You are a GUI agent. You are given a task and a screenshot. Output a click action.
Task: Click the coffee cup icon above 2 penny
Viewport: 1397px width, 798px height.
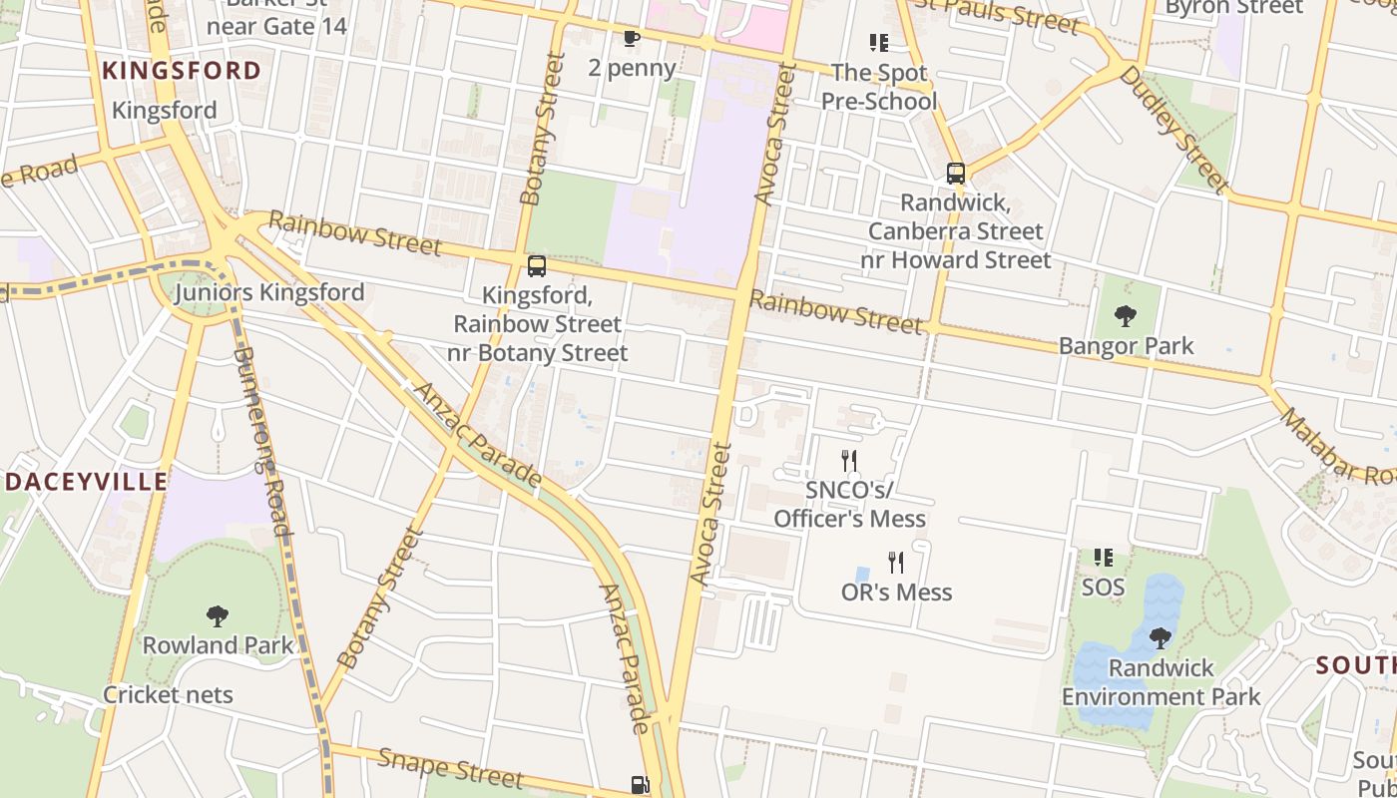[x=631, y=39]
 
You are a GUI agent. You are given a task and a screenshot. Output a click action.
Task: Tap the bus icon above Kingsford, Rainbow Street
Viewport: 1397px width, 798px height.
[x=537, y=266]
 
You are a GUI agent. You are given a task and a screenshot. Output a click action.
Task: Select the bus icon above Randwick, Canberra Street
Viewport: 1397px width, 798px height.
[x=956, y=174]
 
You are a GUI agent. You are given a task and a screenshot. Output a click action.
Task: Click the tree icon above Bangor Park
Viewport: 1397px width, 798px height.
[x=1126, y=317]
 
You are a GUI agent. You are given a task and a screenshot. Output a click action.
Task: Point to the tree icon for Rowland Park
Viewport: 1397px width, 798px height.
[x=218, y=616]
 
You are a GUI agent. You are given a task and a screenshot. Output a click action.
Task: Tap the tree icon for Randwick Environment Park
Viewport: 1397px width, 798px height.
[x=1160, y=638]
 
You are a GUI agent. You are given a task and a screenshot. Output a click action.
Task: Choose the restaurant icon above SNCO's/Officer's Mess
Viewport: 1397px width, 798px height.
[x=849, y=460]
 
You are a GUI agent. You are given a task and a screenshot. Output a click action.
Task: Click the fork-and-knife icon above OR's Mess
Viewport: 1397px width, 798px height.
[x=896, y=563]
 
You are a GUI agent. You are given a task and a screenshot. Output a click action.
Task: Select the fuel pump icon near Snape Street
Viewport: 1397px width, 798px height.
[x=640, y=786]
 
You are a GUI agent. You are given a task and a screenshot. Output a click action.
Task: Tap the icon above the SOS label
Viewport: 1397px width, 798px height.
[x=1103, y=558]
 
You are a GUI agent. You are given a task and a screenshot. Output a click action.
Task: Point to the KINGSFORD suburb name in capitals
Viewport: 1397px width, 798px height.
[x=182, y=71]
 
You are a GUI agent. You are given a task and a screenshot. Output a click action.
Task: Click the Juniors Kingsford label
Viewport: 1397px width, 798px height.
[x=269, y=292]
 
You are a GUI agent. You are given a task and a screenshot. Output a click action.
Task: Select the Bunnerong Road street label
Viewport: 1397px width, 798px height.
[x=261, y=440]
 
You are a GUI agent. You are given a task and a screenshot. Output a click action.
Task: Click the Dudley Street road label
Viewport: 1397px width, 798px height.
[x=1172, y=129]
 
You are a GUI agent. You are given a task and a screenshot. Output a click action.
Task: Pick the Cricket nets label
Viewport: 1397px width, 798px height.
[x=168, y=695]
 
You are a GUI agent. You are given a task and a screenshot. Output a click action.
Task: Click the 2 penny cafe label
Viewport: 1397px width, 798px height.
[x=632, y=68]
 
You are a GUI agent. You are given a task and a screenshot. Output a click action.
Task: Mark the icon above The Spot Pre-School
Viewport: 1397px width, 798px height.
[x=878, y=43]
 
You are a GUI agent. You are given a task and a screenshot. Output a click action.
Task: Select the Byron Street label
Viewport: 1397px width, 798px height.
[x=1233, y=8]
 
